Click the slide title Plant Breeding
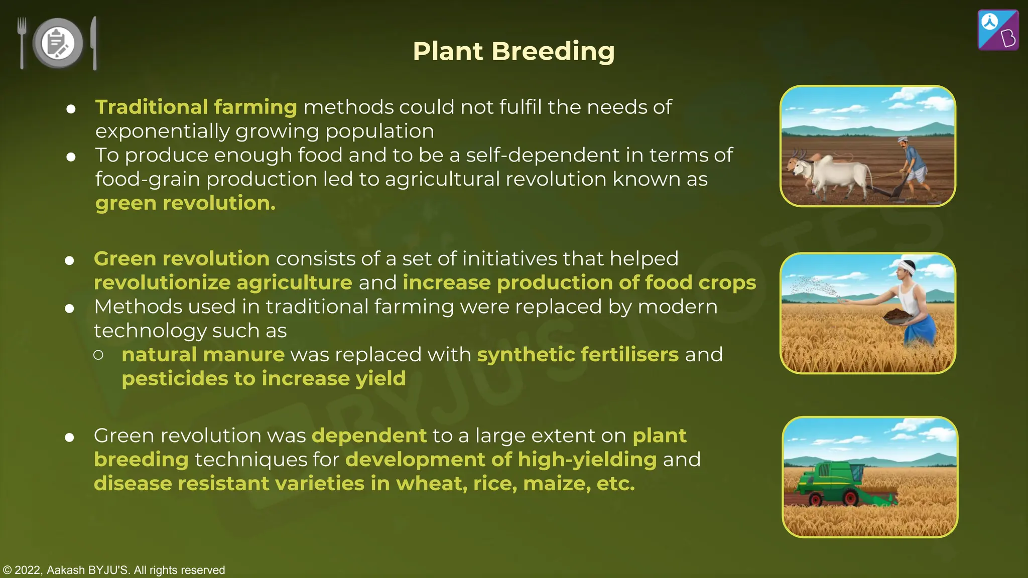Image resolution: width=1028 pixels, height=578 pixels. tap(513, 51)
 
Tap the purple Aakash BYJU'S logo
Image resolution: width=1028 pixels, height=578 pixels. tap(998, 30)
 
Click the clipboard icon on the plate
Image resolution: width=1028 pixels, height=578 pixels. tap(57, 43)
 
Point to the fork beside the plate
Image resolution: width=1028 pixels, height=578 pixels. tap(22, 43)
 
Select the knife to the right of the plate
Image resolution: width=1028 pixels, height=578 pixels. tap(94, 43)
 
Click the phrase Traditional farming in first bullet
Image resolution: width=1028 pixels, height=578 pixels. tap(196, 107)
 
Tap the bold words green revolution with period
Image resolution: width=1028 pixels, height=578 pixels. tap(185, 203)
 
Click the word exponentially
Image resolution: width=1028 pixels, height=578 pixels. tap(162, 131)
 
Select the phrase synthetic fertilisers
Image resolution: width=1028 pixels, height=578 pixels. tap(577, 355)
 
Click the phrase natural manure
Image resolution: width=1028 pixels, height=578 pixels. tap(203, 355)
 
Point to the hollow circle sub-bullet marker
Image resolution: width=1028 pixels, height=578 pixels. tap(98, 355)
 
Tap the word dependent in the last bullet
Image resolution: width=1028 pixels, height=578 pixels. tap(369, 436)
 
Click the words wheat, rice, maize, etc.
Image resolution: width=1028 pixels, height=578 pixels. tap(515, 484)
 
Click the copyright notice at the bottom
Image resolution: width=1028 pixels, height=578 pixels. tap(114, 570)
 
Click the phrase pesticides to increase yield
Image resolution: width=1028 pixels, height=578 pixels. tap(264, 379)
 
